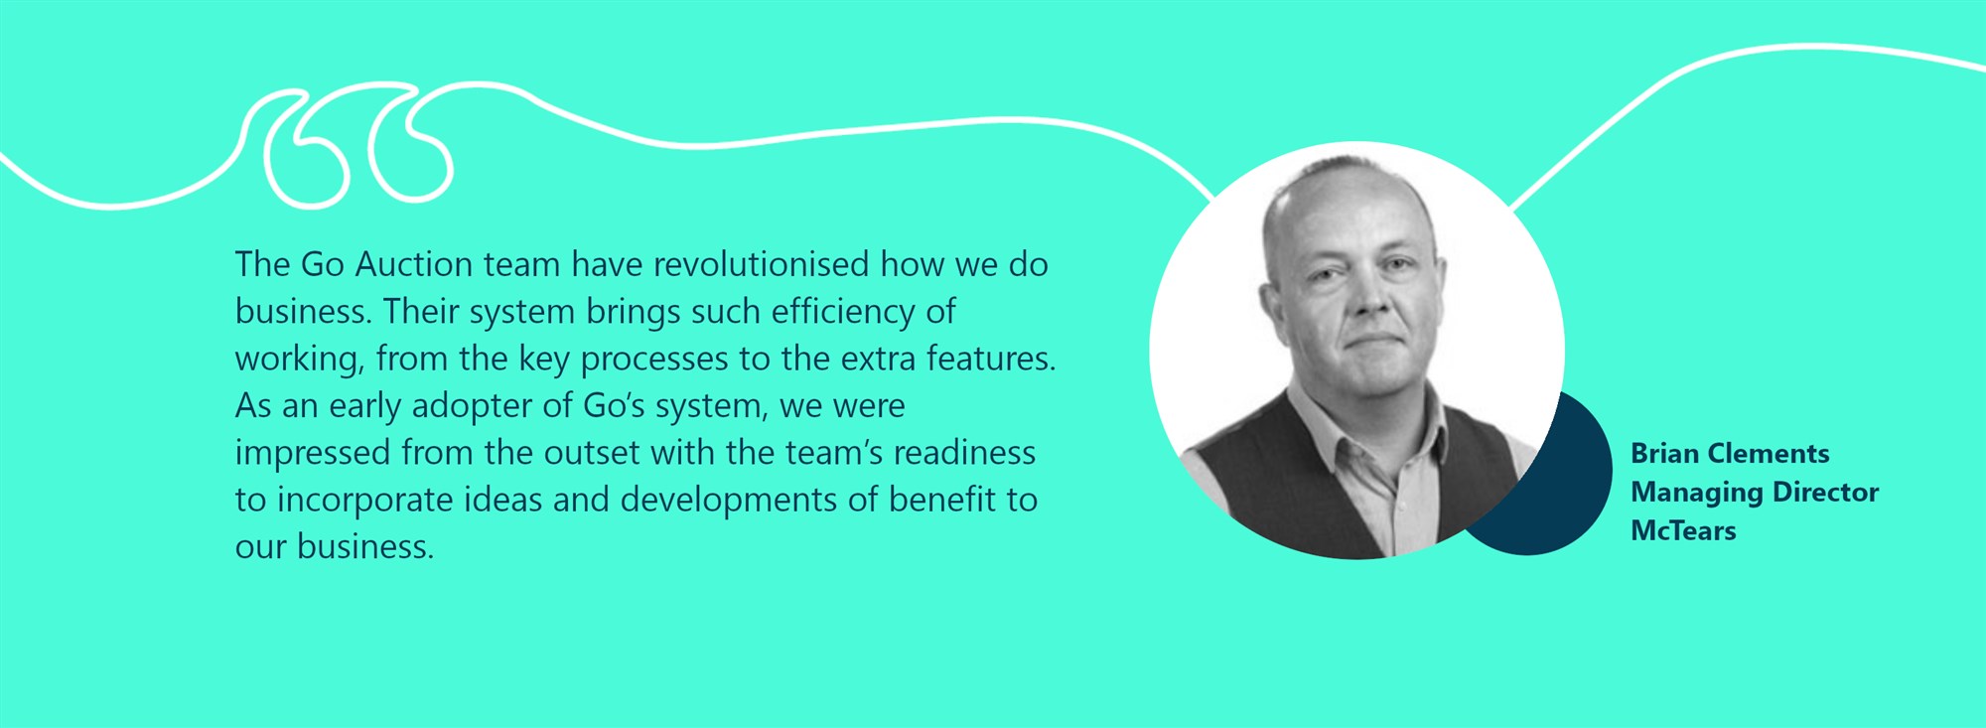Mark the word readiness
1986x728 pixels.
coord(964,453)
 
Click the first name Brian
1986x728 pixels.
coord(1666,454)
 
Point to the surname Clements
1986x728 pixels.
coord(1770,454)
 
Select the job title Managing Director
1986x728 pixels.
coord(1755,494)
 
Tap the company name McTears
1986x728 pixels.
coord(1683,531)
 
